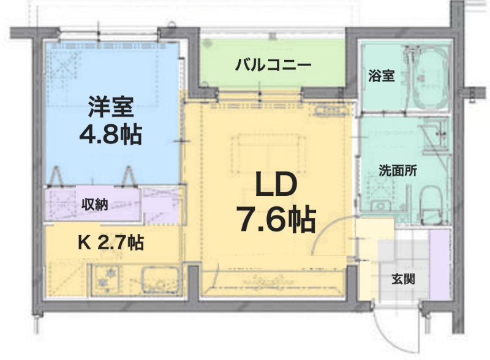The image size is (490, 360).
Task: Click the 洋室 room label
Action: coord(111,107)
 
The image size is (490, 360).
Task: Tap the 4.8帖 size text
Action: coord(111,135)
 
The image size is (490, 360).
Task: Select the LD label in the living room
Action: coord(276,185)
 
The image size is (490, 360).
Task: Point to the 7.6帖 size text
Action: coord(276,219)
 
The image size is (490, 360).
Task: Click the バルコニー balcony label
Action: coord(273,66)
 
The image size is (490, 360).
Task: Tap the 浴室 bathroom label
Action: coord(381,76)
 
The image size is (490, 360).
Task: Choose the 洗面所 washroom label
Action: coord(398,170)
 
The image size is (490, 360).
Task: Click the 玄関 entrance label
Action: coord(404,279)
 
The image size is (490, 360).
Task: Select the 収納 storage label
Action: coord(95,204)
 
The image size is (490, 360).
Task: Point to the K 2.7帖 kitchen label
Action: coord(111,242)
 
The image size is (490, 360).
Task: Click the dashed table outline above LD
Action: coord(268,154)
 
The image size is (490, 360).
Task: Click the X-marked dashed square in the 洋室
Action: coord(65,65)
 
